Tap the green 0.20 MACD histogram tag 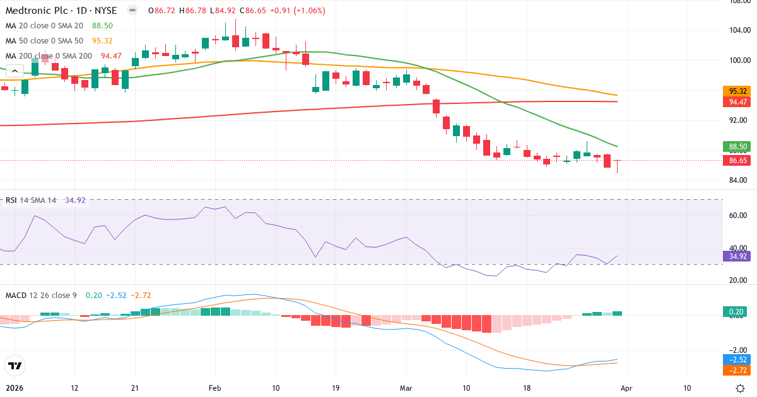tap(736, 311)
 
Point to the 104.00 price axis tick tap(739, 30)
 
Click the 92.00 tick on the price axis tap(739, 120)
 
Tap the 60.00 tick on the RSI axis tap(739, 215)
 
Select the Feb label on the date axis tap(216, 388)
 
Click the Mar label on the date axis tap(406, 388)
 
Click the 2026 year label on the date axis tap(14, 388)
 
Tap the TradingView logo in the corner tap(15, 365)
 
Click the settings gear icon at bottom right tap(741, 388)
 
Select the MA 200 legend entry tap(49, 55)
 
